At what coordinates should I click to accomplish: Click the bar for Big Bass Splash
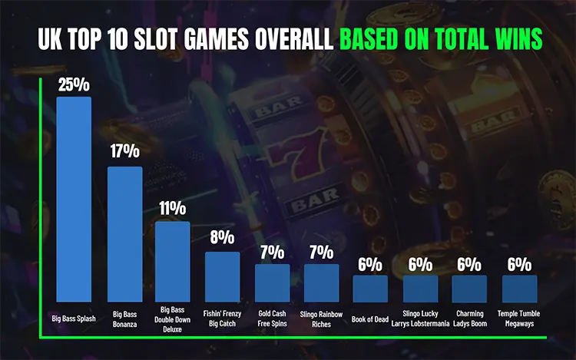tap(74, 199)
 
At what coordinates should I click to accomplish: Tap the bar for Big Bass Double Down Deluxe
tap(173, 261)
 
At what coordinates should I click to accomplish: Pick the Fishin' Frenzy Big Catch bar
tap(222, 276)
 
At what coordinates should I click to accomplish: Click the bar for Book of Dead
tap(370, 289)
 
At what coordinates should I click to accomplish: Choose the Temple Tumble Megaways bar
tap(519, 289)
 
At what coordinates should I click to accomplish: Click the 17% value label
tap(124, 153)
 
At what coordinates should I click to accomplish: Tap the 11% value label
tap(173, 208)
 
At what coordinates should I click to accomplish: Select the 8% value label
tap(222, 239)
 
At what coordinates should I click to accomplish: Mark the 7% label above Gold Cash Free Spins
tap(272, 252)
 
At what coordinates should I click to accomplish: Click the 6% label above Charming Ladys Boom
tap(469, 264)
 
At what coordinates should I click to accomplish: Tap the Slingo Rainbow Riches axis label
tap(321, 319)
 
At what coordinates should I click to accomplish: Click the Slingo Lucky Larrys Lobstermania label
tap(420, 319)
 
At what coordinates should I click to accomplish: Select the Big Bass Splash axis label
tap(74, 315)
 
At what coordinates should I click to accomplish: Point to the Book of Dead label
tap(370, 315)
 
